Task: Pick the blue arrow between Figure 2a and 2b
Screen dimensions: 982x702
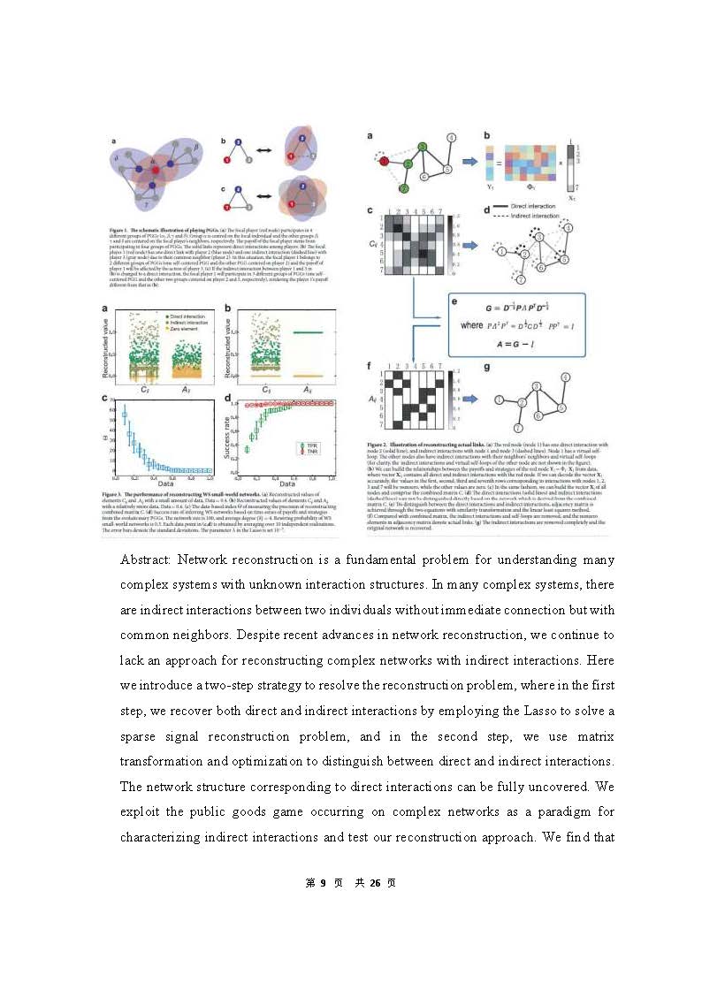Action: [x=469, y=162]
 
